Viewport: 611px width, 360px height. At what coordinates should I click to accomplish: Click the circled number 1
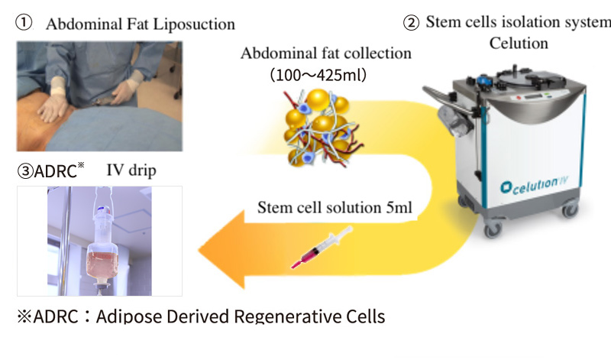(x=24, y=21)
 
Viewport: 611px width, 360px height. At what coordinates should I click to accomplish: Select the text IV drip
(x=131, y=170)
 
